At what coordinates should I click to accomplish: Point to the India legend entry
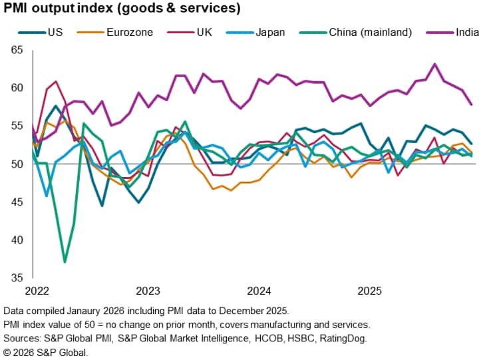467,31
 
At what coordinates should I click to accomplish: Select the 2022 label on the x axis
36,291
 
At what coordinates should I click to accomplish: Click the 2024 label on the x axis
259,291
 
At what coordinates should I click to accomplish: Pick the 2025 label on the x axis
370,291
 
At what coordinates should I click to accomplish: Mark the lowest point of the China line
65,262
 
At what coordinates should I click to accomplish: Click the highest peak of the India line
434,64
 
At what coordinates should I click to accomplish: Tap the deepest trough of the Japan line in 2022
46,196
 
